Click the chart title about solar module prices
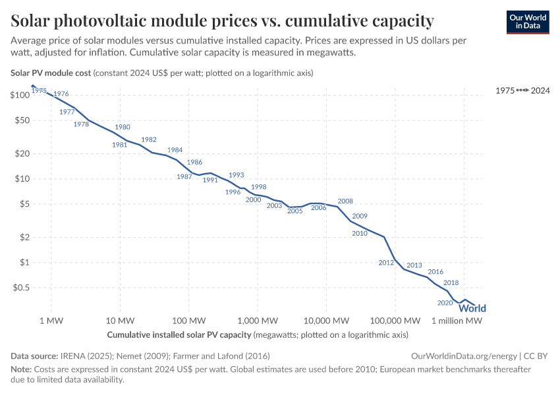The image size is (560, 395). [222, 21]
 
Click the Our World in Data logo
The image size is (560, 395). [527, 21]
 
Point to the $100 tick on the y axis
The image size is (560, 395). [20, 95]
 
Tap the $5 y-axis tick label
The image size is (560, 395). [24, 204]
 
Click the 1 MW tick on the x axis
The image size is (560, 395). [51, 321]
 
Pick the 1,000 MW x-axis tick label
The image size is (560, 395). [257, 321]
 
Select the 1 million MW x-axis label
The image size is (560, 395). [457, 321]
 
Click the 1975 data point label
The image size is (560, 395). [39, 91]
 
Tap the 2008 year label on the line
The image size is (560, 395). [345, 201]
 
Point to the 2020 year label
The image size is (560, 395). [445, 303]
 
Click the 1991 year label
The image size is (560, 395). [210, 180]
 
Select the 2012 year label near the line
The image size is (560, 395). [386, 263]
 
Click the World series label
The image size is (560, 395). [472, 308]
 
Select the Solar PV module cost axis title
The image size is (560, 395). [51, 72]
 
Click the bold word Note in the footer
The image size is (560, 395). [22, 370]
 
